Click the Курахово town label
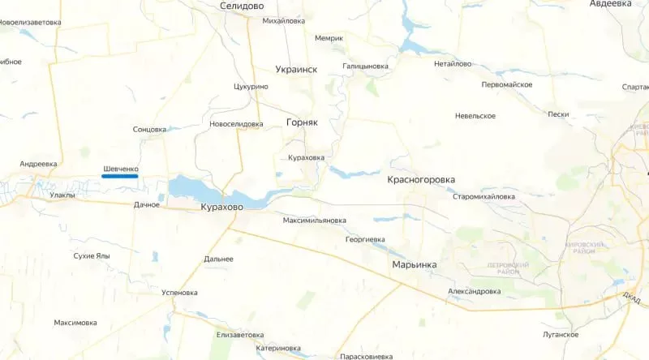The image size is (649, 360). click(x=222, y=208)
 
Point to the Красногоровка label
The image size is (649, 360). click(x=421, y=179)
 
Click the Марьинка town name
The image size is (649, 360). click(x=415, y=265)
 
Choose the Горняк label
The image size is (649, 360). click(x=302, y=122)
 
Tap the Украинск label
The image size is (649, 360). click(x=296, y=70)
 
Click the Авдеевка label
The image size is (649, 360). click(x=611, y=4)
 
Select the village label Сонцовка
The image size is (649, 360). click(x=149, y=129)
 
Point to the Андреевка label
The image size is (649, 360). click(x=38, y=164)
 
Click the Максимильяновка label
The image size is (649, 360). click(x=315, y=221)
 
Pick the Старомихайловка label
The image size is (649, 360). click(x=484, y=196)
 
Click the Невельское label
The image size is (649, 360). click(x=475, y=116)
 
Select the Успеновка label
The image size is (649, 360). click(x=180, y=292)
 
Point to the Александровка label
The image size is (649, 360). click(x=474, y=291)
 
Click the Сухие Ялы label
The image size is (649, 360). click(x=91, y=255)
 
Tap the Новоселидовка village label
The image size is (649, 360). click(x=236, y=124)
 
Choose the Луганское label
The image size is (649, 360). click(x=561, y=334)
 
